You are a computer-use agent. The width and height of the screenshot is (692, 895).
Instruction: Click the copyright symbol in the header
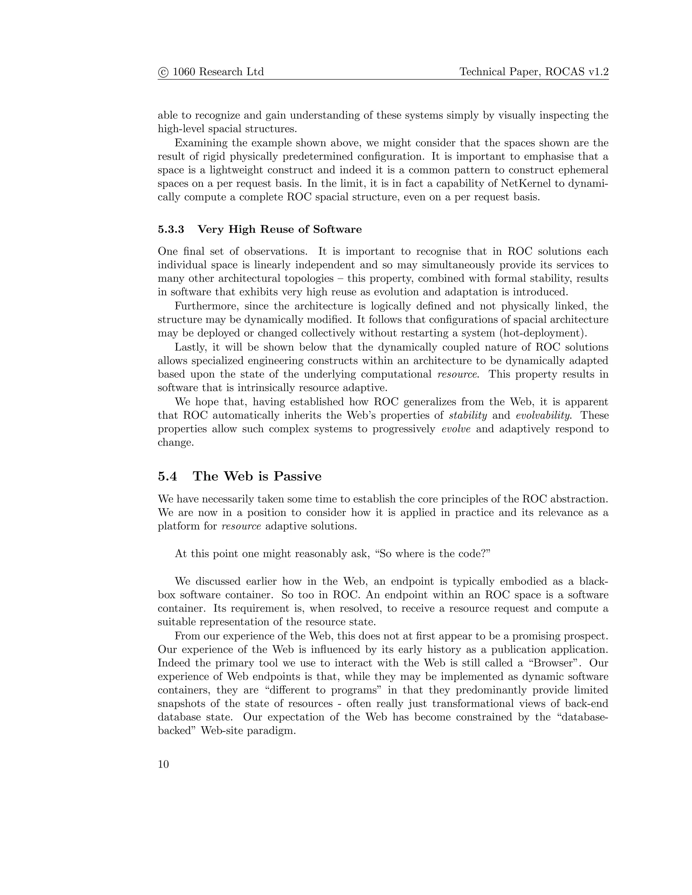tap(163, 72)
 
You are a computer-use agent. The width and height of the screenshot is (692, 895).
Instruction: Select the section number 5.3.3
tap(171, 229)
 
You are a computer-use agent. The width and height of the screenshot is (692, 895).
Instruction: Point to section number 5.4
tap(167, 476)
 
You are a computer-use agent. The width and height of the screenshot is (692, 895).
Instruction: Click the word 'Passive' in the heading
tap(297, 476)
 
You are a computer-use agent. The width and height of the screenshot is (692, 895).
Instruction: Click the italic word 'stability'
tap(468, 415)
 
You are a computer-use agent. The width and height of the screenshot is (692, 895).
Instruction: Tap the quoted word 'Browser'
tap(550, 663)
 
